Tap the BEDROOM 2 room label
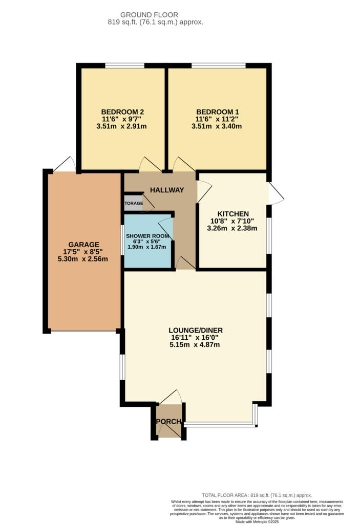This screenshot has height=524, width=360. (122, 112)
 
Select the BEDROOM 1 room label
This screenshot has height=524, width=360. (217, 112)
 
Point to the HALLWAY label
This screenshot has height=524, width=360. (166, 190)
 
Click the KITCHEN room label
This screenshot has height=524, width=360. (233, 214)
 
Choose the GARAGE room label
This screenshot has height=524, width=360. (84, 245)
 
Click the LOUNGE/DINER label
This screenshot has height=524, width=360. (197, 330)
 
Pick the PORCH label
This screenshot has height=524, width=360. (169, 422)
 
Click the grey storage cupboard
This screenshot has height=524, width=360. (133, 203)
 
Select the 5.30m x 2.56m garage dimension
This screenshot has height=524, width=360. (84, 259)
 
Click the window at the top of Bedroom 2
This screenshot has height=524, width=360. (124, 65)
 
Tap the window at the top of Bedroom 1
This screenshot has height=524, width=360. (218, 65)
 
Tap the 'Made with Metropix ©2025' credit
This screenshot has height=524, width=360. (257, 521)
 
